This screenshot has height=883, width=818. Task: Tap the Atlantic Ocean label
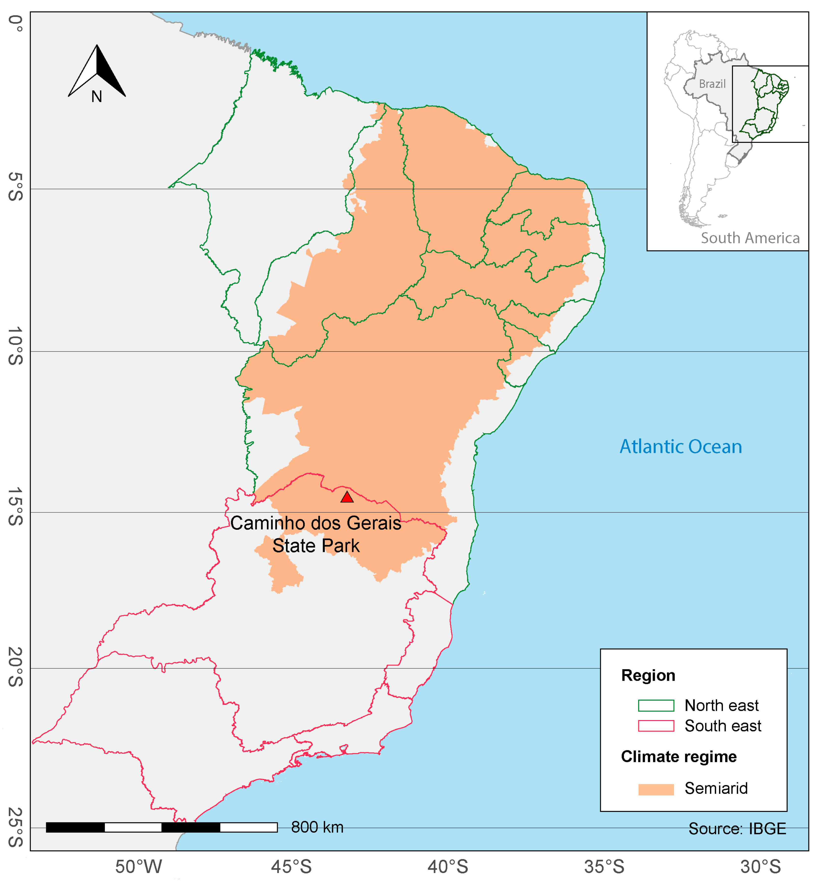click(680, 447)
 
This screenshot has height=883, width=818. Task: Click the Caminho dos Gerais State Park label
click(316, 534)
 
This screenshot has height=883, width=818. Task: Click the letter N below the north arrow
click(97, 97)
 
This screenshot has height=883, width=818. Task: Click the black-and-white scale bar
click(162, 827)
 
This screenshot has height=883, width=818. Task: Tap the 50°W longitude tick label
click(139, 867)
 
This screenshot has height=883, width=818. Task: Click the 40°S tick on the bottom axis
click(448, 867)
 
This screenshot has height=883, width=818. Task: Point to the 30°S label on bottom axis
click(761, 867)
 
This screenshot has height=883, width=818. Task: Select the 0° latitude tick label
click(16, 23)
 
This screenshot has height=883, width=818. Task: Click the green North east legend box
click(656, 705)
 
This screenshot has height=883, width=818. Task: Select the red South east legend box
click(656, 726)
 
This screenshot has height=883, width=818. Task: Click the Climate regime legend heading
click(678, 757)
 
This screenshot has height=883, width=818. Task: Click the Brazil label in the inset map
click(712, 84)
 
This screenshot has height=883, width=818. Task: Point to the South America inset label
click(750, 238)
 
